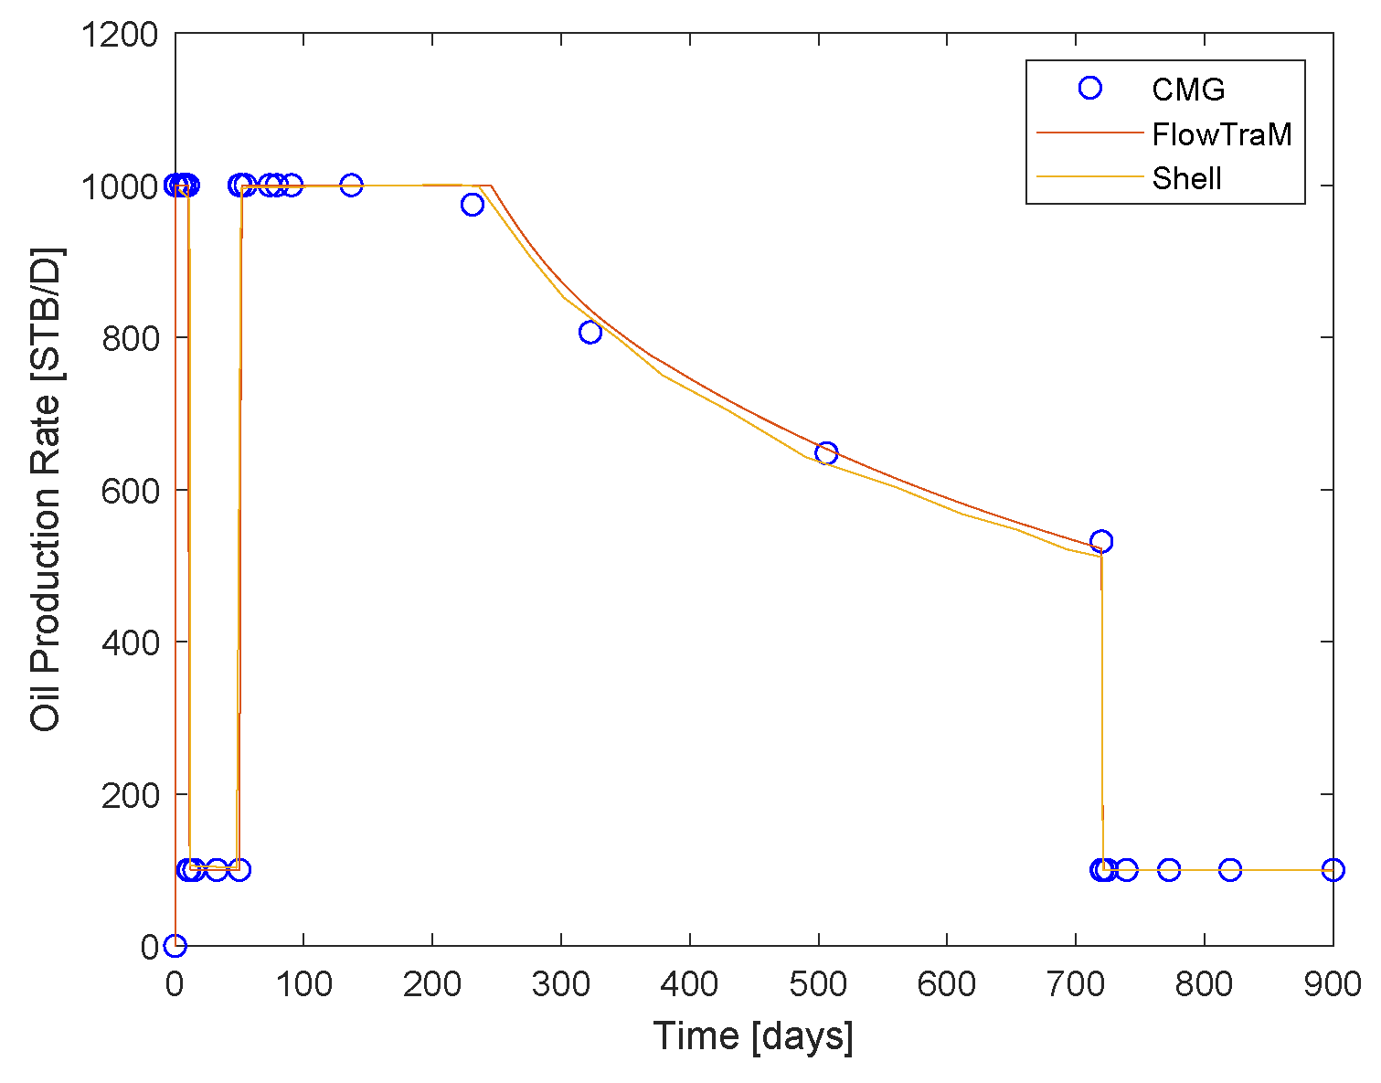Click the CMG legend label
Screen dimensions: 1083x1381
(1187, 89)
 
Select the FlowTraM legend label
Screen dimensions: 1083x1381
(1221, 134)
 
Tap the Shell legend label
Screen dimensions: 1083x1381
(1186, 178)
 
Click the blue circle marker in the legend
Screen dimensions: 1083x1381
(1089, 88)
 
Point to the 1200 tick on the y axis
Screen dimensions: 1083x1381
(119, 35)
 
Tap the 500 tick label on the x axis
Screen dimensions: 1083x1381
(818, 985)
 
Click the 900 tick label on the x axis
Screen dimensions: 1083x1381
(1333, 985)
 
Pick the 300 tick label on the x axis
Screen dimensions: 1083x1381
(560, 985)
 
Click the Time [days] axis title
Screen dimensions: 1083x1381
(753, 1036)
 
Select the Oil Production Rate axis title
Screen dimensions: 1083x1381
(45, 489)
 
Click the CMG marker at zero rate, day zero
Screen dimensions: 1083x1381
(175, 945)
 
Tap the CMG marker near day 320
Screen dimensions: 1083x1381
(590, 332)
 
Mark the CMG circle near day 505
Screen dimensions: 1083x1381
(826, 453)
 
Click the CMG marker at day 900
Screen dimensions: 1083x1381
(1333, 869)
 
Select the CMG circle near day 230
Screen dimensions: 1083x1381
(472, 205)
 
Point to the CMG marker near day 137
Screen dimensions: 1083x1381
(351, 186)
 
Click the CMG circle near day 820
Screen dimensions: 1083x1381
(1230, 869)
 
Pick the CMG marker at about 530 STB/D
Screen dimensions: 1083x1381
(1101, 541)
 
